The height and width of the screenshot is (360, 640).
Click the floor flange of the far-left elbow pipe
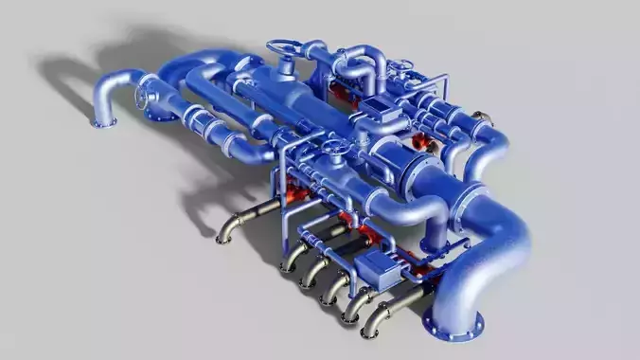point(103,120)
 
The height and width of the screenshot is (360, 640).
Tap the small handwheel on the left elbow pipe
point(142,98)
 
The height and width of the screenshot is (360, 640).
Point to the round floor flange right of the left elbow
point(166,114)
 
